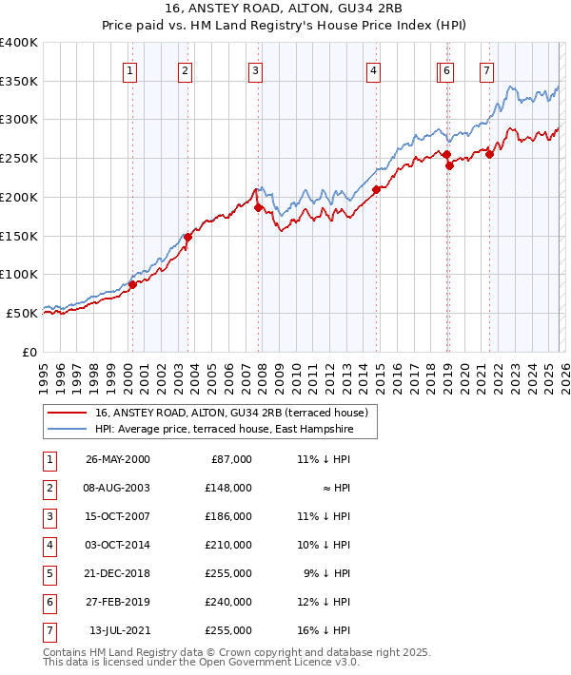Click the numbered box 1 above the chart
(x=129, y=69)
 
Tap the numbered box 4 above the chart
(x=375, y=69)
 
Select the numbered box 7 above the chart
(x=486, y=69)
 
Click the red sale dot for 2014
(x=376, y=189)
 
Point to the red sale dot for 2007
(x=258, y=207)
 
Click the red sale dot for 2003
(x=187, y=237)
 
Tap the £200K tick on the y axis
(x=19, y=197)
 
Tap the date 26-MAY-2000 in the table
(x=118, y=459)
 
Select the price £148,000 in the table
(x=229, y=488)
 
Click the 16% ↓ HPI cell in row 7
(x=324, y=630)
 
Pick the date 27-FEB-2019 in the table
(x=118, y=602)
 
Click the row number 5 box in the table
(x=48, y=573)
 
